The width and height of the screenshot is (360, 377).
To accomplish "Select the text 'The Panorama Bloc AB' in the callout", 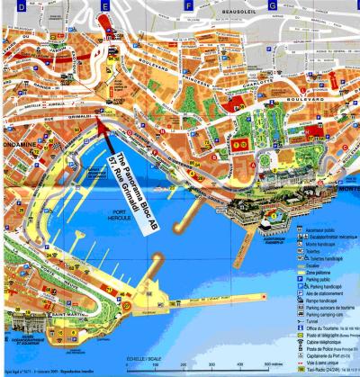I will coord(129,184).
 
